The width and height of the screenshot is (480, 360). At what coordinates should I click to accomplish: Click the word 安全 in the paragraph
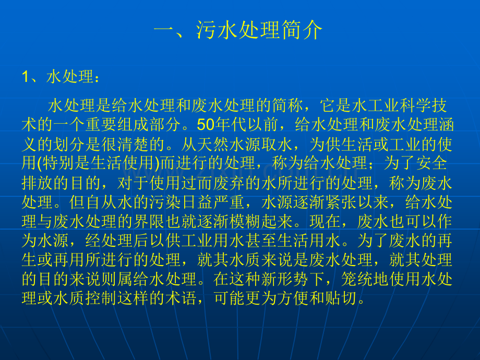click(x=433, y=162)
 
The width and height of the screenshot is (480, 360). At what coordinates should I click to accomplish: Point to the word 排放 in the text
click(x=35, y=181)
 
